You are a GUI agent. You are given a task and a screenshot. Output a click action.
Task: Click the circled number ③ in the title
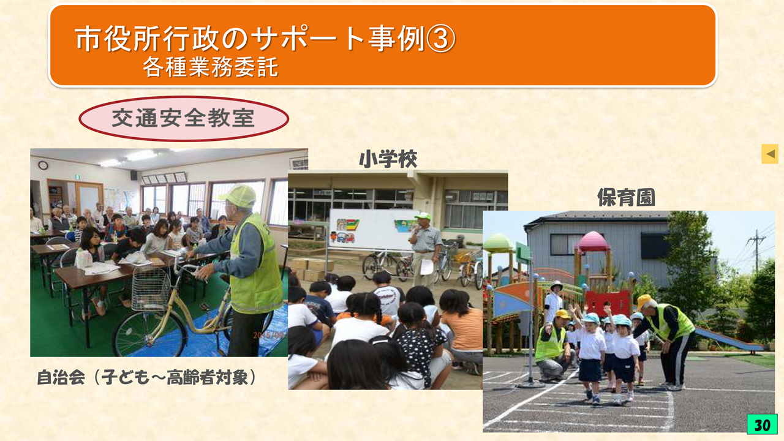tap(440, 39)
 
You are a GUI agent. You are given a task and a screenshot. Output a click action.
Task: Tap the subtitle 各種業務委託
tap(211, 67)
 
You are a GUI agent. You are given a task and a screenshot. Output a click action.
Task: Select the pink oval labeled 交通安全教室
tap(184, 119)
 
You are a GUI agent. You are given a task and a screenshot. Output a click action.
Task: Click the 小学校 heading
tap(388, 159)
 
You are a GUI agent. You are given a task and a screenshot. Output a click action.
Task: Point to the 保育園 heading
tap(626, 198)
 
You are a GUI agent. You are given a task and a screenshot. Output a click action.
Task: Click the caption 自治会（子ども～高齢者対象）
tap(147, 377)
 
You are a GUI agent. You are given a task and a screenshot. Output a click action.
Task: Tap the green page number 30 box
tap(762, 424)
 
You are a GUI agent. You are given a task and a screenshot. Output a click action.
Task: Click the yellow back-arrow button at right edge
tap(770, 154)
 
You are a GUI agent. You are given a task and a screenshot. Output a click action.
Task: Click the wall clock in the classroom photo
tap(43, 165)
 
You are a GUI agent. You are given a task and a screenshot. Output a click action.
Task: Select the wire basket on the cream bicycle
tap(151, 288)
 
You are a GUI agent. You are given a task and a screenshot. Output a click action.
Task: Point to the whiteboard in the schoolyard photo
tap(374, 229)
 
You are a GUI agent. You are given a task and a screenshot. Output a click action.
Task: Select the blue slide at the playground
tap(728, 339)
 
